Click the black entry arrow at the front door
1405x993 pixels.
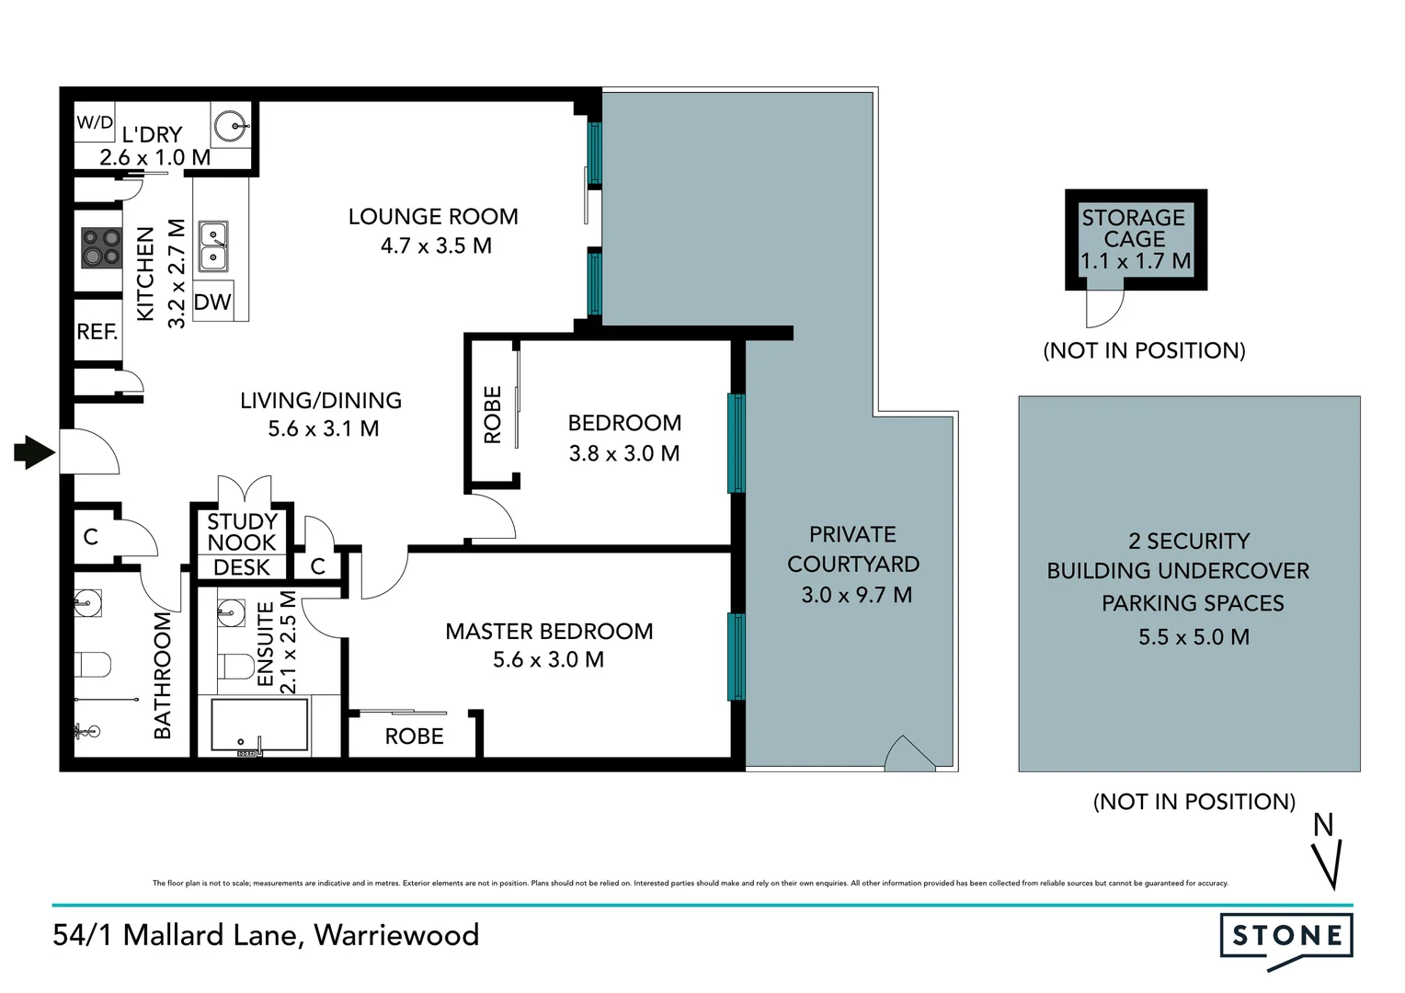35,451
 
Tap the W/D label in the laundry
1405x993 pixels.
95,122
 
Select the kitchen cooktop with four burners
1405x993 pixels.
101,247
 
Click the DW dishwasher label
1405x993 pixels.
212,302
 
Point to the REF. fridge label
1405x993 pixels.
97,332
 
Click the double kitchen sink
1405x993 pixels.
213,246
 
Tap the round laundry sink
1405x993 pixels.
231,126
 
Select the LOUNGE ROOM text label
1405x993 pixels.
433,217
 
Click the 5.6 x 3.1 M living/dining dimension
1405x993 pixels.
324,428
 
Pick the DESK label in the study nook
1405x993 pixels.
242,567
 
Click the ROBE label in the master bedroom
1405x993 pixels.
414,736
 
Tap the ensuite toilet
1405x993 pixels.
235,666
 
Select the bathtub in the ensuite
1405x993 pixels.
259,726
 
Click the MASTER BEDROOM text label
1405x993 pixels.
549,632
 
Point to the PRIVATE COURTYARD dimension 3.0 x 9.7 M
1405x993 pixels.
856,595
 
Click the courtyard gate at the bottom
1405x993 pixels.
909,753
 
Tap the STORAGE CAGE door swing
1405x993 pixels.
1103,307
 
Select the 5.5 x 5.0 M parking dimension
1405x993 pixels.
1194,637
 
